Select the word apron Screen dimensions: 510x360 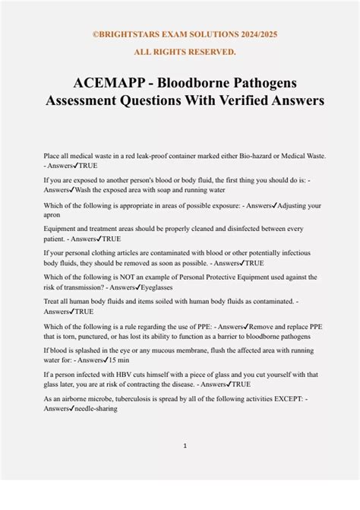(52, 214)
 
